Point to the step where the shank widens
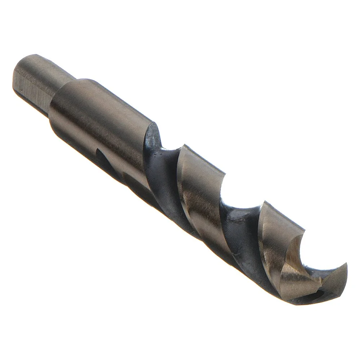click(x=63, y=86)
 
